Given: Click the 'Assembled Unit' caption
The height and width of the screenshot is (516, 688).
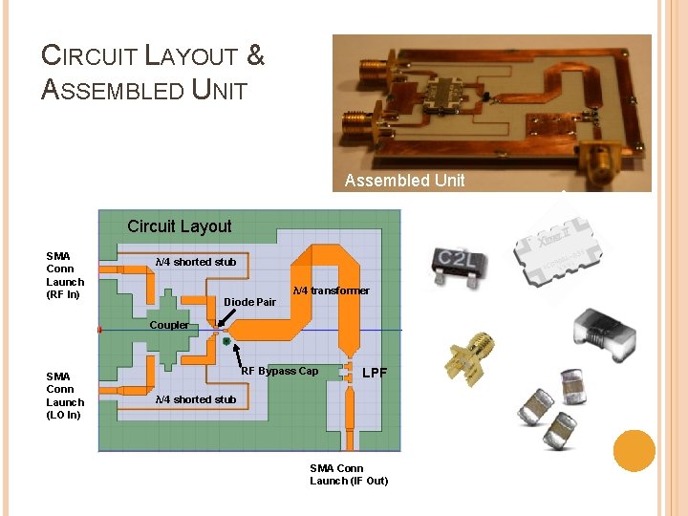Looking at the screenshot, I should (x=404, y=181).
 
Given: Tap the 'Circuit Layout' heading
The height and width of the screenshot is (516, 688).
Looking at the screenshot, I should (x=180, y=226).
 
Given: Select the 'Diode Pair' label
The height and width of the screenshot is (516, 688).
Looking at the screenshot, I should (x=249, y=302).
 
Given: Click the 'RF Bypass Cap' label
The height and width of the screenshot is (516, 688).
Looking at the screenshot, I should (x=279, y=371).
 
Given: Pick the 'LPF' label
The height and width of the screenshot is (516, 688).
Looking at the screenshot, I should (x=375, y=372).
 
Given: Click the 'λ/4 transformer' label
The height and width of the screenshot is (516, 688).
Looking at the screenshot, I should (x=331, y=290).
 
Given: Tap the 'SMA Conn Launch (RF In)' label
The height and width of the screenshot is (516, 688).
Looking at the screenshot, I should (x=65, y=275).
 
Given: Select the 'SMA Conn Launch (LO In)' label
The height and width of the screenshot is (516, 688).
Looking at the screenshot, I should (x=65, y=396).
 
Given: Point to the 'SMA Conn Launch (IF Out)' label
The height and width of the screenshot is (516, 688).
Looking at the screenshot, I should (x=349, y=474).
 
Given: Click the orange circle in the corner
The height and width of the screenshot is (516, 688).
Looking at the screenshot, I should (x=634, y=450).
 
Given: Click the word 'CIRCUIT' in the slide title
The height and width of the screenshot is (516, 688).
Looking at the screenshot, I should (x=91, y=55).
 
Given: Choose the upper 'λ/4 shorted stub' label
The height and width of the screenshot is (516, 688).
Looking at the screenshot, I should (x=195, y=262).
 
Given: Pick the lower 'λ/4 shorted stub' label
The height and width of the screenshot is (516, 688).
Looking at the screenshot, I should (x=195, y=399).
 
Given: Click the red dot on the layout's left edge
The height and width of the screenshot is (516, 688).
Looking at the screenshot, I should (x=99, y=330).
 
